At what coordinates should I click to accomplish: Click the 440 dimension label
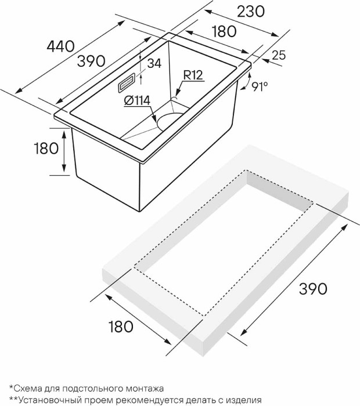[60, 47]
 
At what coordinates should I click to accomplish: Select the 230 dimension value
[251, 12]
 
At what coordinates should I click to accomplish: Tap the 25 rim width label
[279, 55]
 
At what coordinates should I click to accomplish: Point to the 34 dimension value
[154, 63]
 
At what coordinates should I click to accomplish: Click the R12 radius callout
[193, 75]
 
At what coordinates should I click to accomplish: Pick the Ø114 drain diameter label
[137, 101]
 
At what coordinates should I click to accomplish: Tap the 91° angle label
[260, 87]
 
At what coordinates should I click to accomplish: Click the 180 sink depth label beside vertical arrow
[46, 148]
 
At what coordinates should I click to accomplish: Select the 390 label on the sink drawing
[92, 61]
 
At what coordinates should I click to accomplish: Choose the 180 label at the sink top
[224, 31]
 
